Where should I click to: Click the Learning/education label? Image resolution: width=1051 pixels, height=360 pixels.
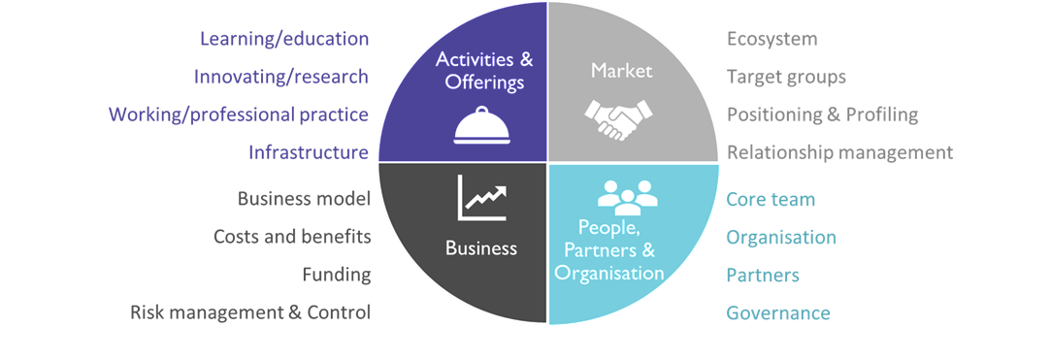pos(284,39)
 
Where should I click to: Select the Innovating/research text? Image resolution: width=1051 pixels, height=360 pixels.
pos(280,77)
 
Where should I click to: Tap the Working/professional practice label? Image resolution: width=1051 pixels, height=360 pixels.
pos(239,115)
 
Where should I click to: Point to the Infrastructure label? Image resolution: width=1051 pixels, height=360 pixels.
pos(309,153)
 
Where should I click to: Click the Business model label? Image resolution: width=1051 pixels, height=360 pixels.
pos(305,198)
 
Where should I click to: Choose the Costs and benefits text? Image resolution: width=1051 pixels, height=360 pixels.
pos(292,237)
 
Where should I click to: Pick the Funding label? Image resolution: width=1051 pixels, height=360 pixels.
pos(337,275)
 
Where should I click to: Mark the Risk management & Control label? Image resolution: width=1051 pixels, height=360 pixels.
pos(250,312)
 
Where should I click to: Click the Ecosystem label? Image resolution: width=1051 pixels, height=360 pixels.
pos(772,39)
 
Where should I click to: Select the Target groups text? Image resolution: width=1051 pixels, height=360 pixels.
pos(786,77)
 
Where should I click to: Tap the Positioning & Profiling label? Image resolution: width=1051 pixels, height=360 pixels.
pos(822,115)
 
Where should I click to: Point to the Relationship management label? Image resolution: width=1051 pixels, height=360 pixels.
pos(839,153)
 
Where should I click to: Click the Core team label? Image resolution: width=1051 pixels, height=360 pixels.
pos(771,199)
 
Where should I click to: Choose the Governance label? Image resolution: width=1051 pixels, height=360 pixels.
pos(778,313)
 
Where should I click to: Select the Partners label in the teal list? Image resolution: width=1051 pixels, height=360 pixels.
pos(763,275)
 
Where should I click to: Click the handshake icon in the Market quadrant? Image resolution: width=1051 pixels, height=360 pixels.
pos(617,119)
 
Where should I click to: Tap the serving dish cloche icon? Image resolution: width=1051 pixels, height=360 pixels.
pos(481,125)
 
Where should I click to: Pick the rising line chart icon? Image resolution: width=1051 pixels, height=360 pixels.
pos(482,198)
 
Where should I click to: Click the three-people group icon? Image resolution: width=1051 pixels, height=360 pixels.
pos(627,194)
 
